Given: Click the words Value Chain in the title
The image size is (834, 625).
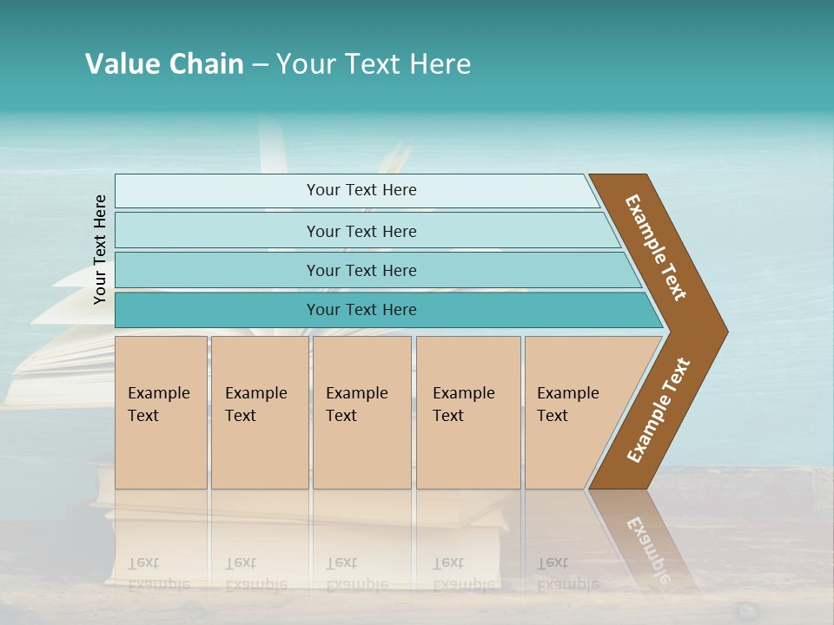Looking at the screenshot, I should [x=164, y=64].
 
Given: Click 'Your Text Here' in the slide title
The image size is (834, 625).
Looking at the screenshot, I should [x=374, y=64].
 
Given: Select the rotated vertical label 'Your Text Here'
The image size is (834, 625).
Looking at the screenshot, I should [x=100, y=249].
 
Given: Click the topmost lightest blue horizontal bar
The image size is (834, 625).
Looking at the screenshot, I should [x=217, y=191].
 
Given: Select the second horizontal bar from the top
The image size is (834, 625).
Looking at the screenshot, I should [x=217, y=231].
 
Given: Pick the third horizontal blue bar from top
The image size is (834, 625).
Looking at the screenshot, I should [x=217, y=270].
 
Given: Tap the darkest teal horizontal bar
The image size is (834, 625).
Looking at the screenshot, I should [x=217, y=310].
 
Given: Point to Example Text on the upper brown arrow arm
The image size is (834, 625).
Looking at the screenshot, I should [x=657, y=247].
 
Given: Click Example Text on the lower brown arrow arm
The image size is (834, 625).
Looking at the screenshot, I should [x=659, y=411].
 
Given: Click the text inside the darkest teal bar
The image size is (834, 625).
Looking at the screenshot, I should [x=361, y=310].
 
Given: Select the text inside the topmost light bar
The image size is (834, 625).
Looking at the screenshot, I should [x=361, y=190].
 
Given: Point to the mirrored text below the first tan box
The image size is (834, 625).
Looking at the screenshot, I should [x=158, y=573].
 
